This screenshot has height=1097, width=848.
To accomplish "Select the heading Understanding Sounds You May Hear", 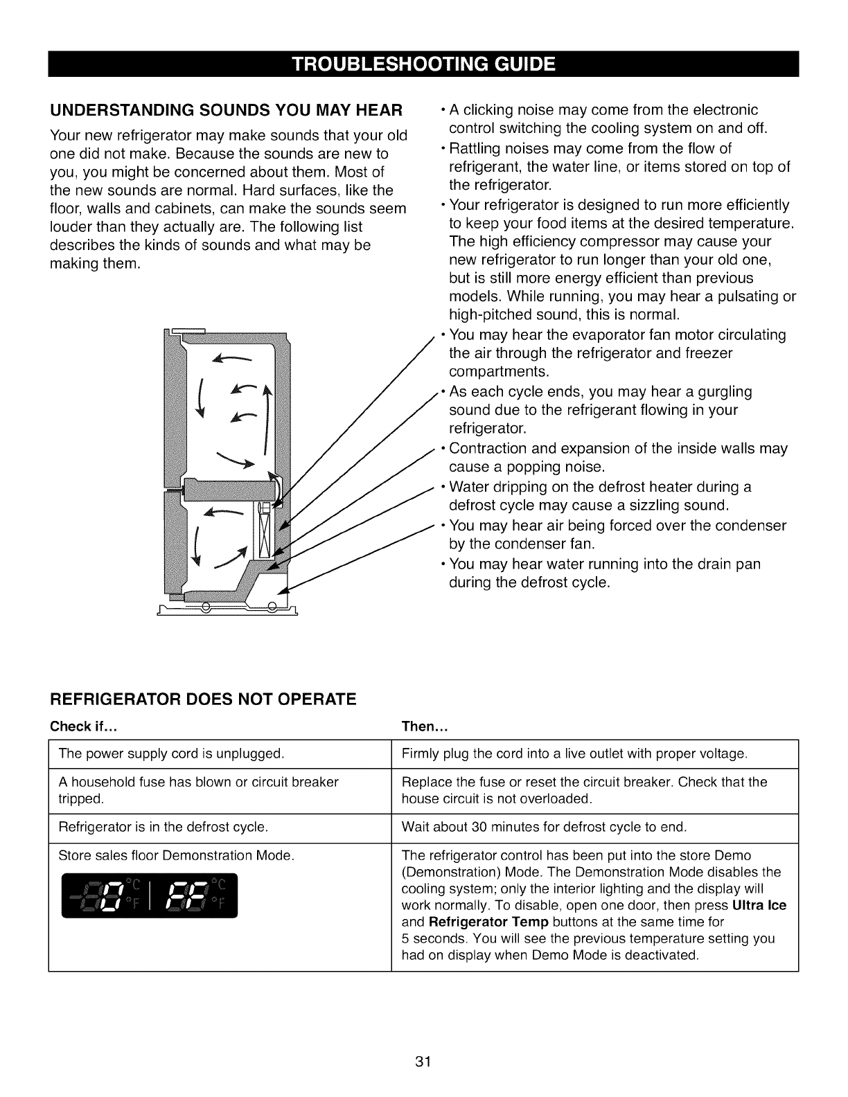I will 227,110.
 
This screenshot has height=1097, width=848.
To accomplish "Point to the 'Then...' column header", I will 426,726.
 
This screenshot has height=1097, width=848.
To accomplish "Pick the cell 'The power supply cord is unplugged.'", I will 171,753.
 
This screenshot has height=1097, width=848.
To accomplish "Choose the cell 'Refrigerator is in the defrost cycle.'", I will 163,827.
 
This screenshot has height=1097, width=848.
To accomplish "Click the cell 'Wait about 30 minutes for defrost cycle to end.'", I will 544,827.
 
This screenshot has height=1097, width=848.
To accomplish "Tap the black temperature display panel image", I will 149,895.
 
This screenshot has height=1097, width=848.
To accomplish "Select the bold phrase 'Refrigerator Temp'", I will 489,922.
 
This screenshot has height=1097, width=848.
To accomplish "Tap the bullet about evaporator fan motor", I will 617,353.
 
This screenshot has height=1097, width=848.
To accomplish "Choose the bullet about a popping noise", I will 617,457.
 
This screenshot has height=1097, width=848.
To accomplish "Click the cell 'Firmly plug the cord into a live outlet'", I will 574,753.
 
